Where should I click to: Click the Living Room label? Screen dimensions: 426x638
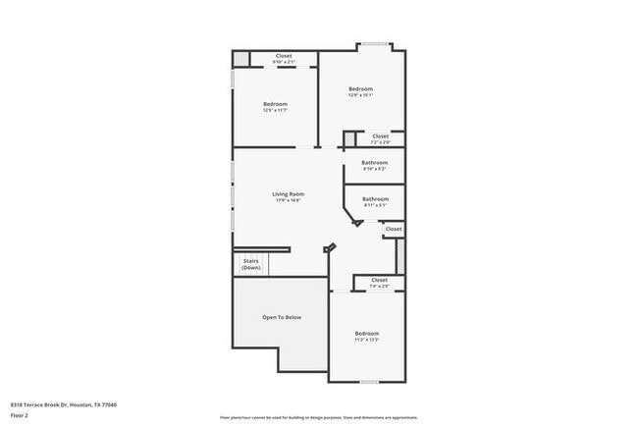click(288, 194)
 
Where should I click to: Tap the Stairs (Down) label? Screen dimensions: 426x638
click(251, 264)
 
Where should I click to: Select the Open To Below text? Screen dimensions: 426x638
click(281, 317)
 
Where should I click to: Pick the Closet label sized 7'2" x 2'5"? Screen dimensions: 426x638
click(380, 136)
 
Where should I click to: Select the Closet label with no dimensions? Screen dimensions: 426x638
click(393, 229)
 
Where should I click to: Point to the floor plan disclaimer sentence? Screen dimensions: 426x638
click(318, 416)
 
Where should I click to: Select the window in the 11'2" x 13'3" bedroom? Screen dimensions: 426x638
click(369, 382)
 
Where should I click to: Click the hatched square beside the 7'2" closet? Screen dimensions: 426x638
click(348, 138)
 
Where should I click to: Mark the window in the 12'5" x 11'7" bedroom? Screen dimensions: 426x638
click(233, 79)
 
